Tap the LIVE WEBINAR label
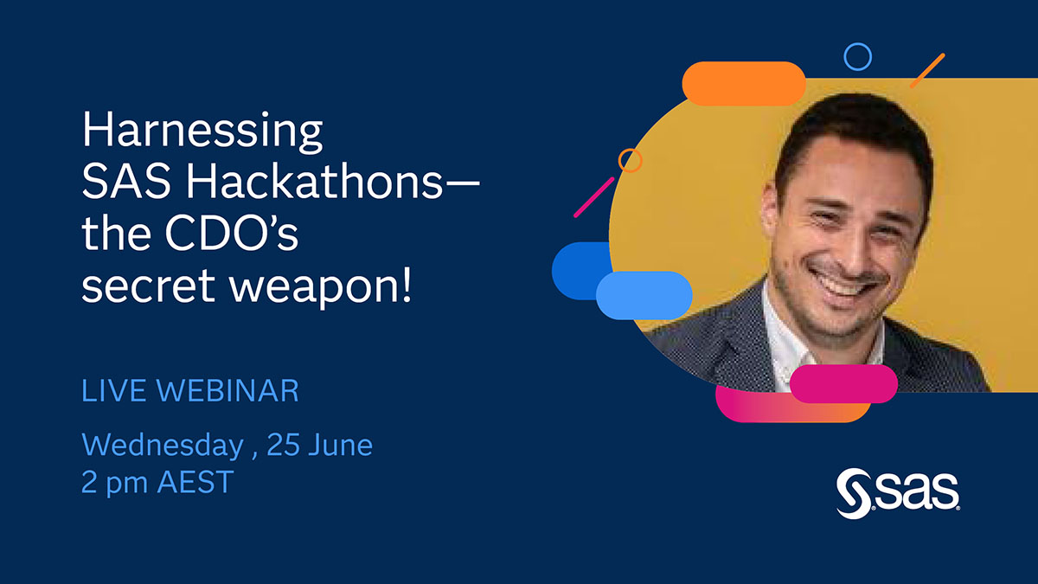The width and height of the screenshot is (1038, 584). pos(189,390)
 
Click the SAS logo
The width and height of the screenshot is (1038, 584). pos(897,494)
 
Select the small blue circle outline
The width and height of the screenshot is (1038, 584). pos(857,57)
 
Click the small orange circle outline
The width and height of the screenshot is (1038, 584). pos(631,160)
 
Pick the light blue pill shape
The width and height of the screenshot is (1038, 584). pos(644,295)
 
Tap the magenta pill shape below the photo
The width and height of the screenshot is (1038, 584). pos(843,383)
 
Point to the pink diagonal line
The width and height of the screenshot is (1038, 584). pos(593,197)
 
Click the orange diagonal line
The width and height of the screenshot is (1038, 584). pos(926,70)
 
